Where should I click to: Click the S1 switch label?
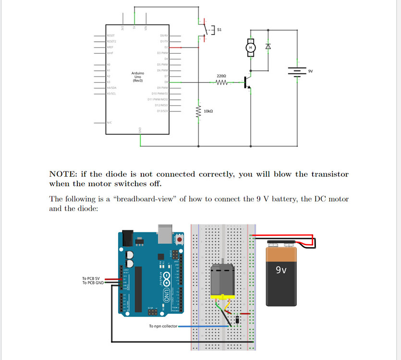click(219, 30)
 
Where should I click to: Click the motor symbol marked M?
click(250, 47)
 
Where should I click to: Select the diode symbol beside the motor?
click(268, 47)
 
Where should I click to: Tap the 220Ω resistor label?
click(221, 76)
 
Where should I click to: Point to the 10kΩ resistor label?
click(208, 111)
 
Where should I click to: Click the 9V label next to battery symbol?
click(310, 71)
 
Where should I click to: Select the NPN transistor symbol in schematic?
click(247, 83)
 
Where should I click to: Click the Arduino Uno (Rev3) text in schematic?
click(138, 77)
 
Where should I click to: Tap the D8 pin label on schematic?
click(166, 82)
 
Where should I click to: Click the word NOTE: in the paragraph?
click(64, 174)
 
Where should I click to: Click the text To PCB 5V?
click(91, 278)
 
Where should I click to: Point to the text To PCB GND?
click(92, 283)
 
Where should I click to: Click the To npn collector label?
click(163, 326)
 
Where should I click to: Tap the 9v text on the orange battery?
click(281, 270)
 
